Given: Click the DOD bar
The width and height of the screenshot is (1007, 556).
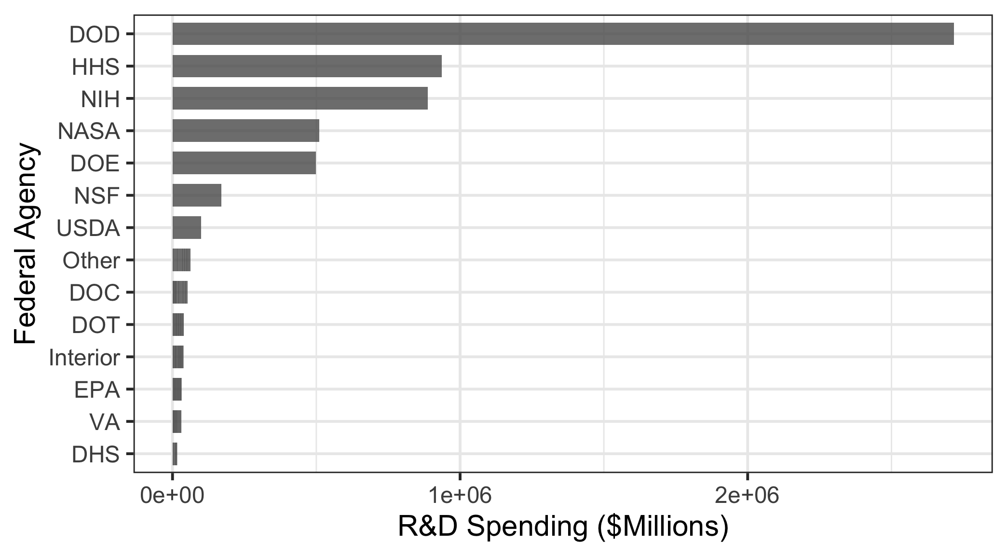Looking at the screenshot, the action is [x=563, y=34].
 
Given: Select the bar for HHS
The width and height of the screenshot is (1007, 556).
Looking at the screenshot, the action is [x=307, y=66].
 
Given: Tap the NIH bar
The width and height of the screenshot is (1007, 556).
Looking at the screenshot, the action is [x=300, y=98].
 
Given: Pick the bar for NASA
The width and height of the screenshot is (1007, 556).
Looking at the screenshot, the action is [x=246, y=131].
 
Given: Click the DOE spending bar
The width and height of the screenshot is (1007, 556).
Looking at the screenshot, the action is [x=244, y=163].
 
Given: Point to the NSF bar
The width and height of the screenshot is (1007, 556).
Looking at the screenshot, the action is [x=197, y=195].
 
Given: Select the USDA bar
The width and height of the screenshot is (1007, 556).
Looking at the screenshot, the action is [x=187, y=228].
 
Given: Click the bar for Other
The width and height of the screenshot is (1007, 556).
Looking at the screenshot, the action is [x=181, y=260].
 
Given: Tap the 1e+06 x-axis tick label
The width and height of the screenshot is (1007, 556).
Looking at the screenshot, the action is [x=460, y=496].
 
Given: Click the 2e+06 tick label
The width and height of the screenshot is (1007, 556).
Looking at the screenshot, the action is [x=747, y=496].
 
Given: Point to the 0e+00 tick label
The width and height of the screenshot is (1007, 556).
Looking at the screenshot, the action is [x=172, y=496].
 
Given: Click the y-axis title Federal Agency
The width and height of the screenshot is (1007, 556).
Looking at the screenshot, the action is [x=25, y=243].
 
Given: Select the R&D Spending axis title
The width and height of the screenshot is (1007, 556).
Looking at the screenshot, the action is [x=563, y=527].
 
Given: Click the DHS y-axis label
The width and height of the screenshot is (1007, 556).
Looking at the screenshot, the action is [x=95, y=455].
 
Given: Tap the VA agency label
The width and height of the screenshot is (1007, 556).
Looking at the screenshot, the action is [x=105, y=422].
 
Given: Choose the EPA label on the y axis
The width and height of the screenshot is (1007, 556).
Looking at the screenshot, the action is [x=97, y=390].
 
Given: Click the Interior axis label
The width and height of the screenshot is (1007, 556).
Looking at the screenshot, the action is [x=84, y=358].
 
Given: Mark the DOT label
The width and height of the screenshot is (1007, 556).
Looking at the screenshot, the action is [x=95, y=325].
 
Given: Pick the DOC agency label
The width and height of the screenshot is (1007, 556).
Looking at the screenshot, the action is [x=95, y=293].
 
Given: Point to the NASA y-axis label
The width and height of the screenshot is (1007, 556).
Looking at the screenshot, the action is [x=89, y=131].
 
